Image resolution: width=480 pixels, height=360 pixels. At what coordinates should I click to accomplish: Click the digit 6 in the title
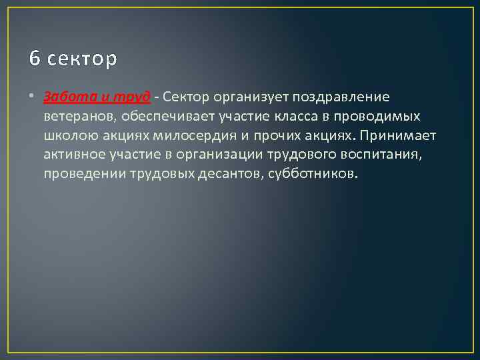tap(34, 59)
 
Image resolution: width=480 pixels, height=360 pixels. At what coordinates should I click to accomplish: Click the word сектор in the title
tap(83, 59)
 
